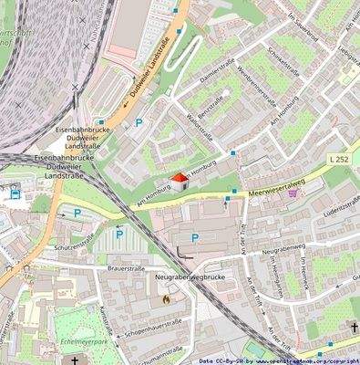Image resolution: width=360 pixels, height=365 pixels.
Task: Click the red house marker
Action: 179,180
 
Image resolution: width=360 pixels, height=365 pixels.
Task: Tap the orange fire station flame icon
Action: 166,297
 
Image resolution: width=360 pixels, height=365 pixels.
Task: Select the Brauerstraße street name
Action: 127,269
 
